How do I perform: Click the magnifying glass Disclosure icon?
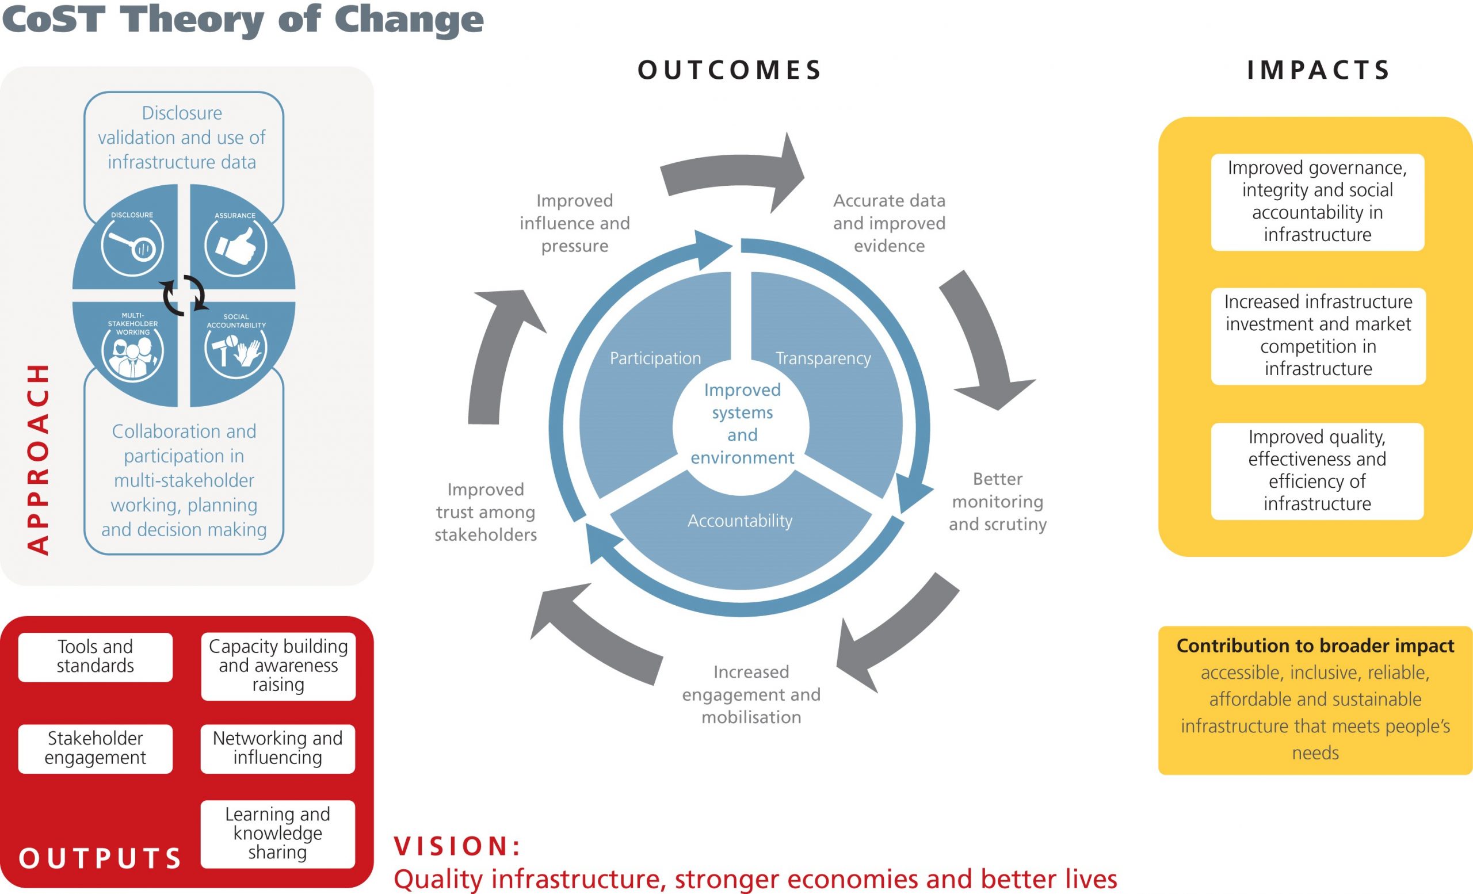pyautogui.click(x=132, y=246)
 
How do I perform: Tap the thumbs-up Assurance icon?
pyautogui.click(x=235, y=246)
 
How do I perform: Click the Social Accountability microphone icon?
pyautogui.click(x=235, y=351)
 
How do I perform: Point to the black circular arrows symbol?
pyautogui.click(x=184, y=295)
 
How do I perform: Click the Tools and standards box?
pyautogui.click(x=96, y=656)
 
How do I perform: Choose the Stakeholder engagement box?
pyautogui.click(x=96, y=748)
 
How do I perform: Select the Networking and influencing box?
pyautogui.click(x=278, y=748)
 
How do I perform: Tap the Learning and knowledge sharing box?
pyautogui.click(x=278, y=833)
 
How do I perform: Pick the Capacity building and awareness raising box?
pyautogui.click(x=278, y=666)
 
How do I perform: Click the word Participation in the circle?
pyautogui.click(x=655, y=358)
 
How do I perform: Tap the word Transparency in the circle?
pyautogui.click(x=823, y=358)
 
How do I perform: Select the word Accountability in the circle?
pyautogui.click(x=740, y=521)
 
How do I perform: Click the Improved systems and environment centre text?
pyautogui.click(x=742, y=423)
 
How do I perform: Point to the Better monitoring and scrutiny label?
pyautogui.click(x=997, y=502)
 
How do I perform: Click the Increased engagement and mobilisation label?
pyautogui.click(x=751, y=694)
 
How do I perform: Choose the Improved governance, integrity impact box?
pyautogui.click(x=1318, y=201)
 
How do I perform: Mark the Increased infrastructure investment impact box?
pyautogui.click(x=1318, y=335)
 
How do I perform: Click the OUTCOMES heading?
pyautogui.click(x=730, y=71)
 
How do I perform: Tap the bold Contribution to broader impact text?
pyautogui.click(x=1315, y=646)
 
